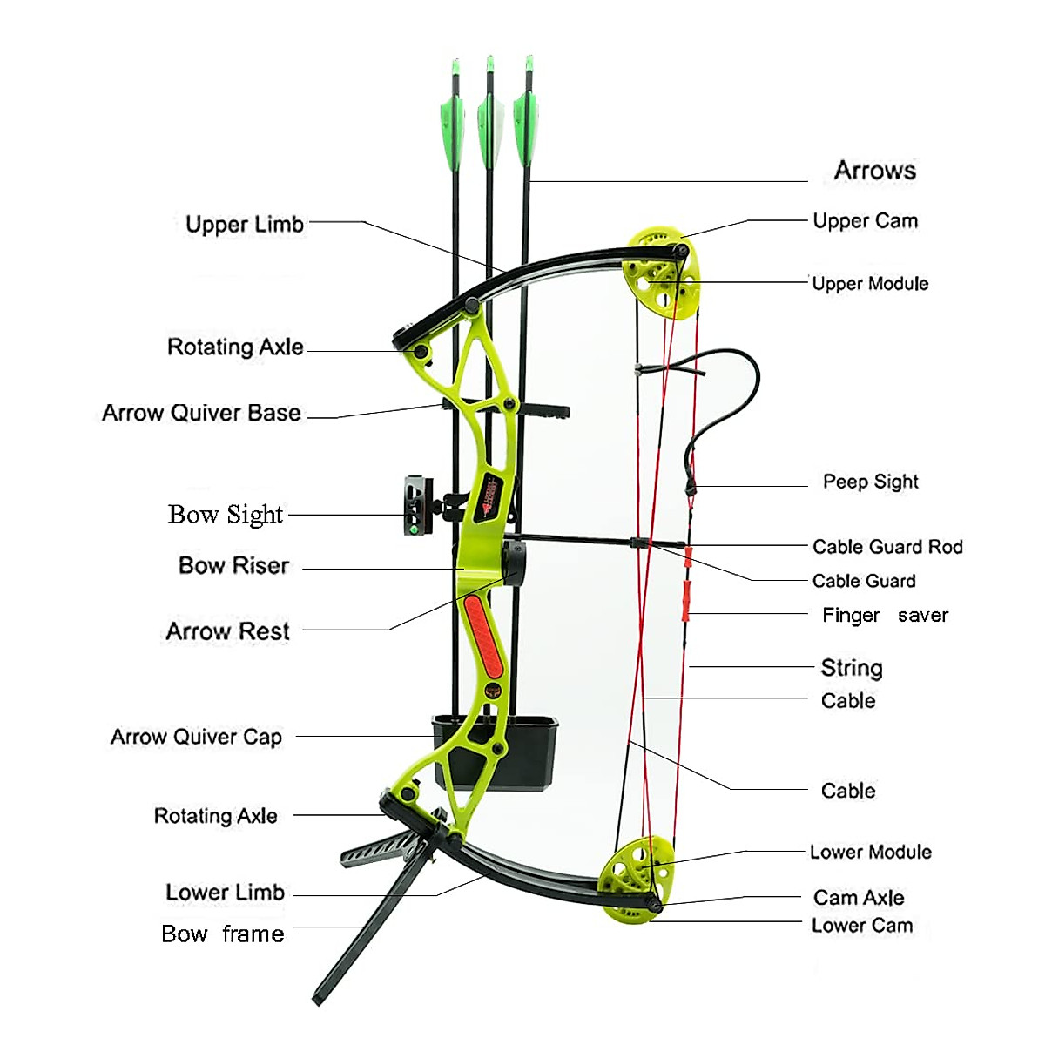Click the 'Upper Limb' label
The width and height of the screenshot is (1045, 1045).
pyautogui.click(x=245, y=225)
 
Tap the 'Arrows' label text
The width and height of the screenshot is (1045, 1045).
pyautogui.click(x=874, y=171)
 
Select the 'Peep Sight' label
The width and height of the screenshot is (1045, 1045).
pyautogui.click(x=870, y=482)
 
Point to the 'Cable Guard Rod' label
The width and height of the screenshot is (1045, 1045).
pyautogui.click(x=887, y=547)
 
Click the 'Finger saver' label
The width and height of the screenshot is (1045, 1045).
pyautogui.click(x=884, y=616)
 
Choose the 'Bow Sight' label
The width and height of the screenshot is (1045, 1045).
pyautogui.click(x=226, y=515)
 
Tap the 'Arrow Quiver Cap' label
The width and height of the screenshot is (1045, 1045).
pyautogui.click(x=196, y=738)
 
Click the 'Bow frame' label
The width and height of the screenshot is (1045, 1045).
pyautogui.click(x=223, y=934)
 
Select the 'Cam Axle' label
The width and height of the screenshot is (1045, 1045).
pyautogui.click(x=858, y=898)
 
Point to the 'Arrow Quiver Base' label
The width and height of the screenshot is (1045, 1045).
pyautogui.click(x=201, y=413)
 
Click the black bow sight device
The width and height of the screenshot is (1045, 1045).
pyautogui.click(x=417, y=504)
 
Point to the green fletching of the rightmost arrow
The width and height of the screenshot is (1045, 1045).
pyautogui.click(x=525, y=126)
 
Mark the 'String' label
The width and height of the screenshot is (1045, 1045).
pyautogui.click(x=851, y=668)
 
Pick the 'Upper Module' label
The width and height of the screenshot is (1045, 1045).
pyautogui.click(x=869, y=284)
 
